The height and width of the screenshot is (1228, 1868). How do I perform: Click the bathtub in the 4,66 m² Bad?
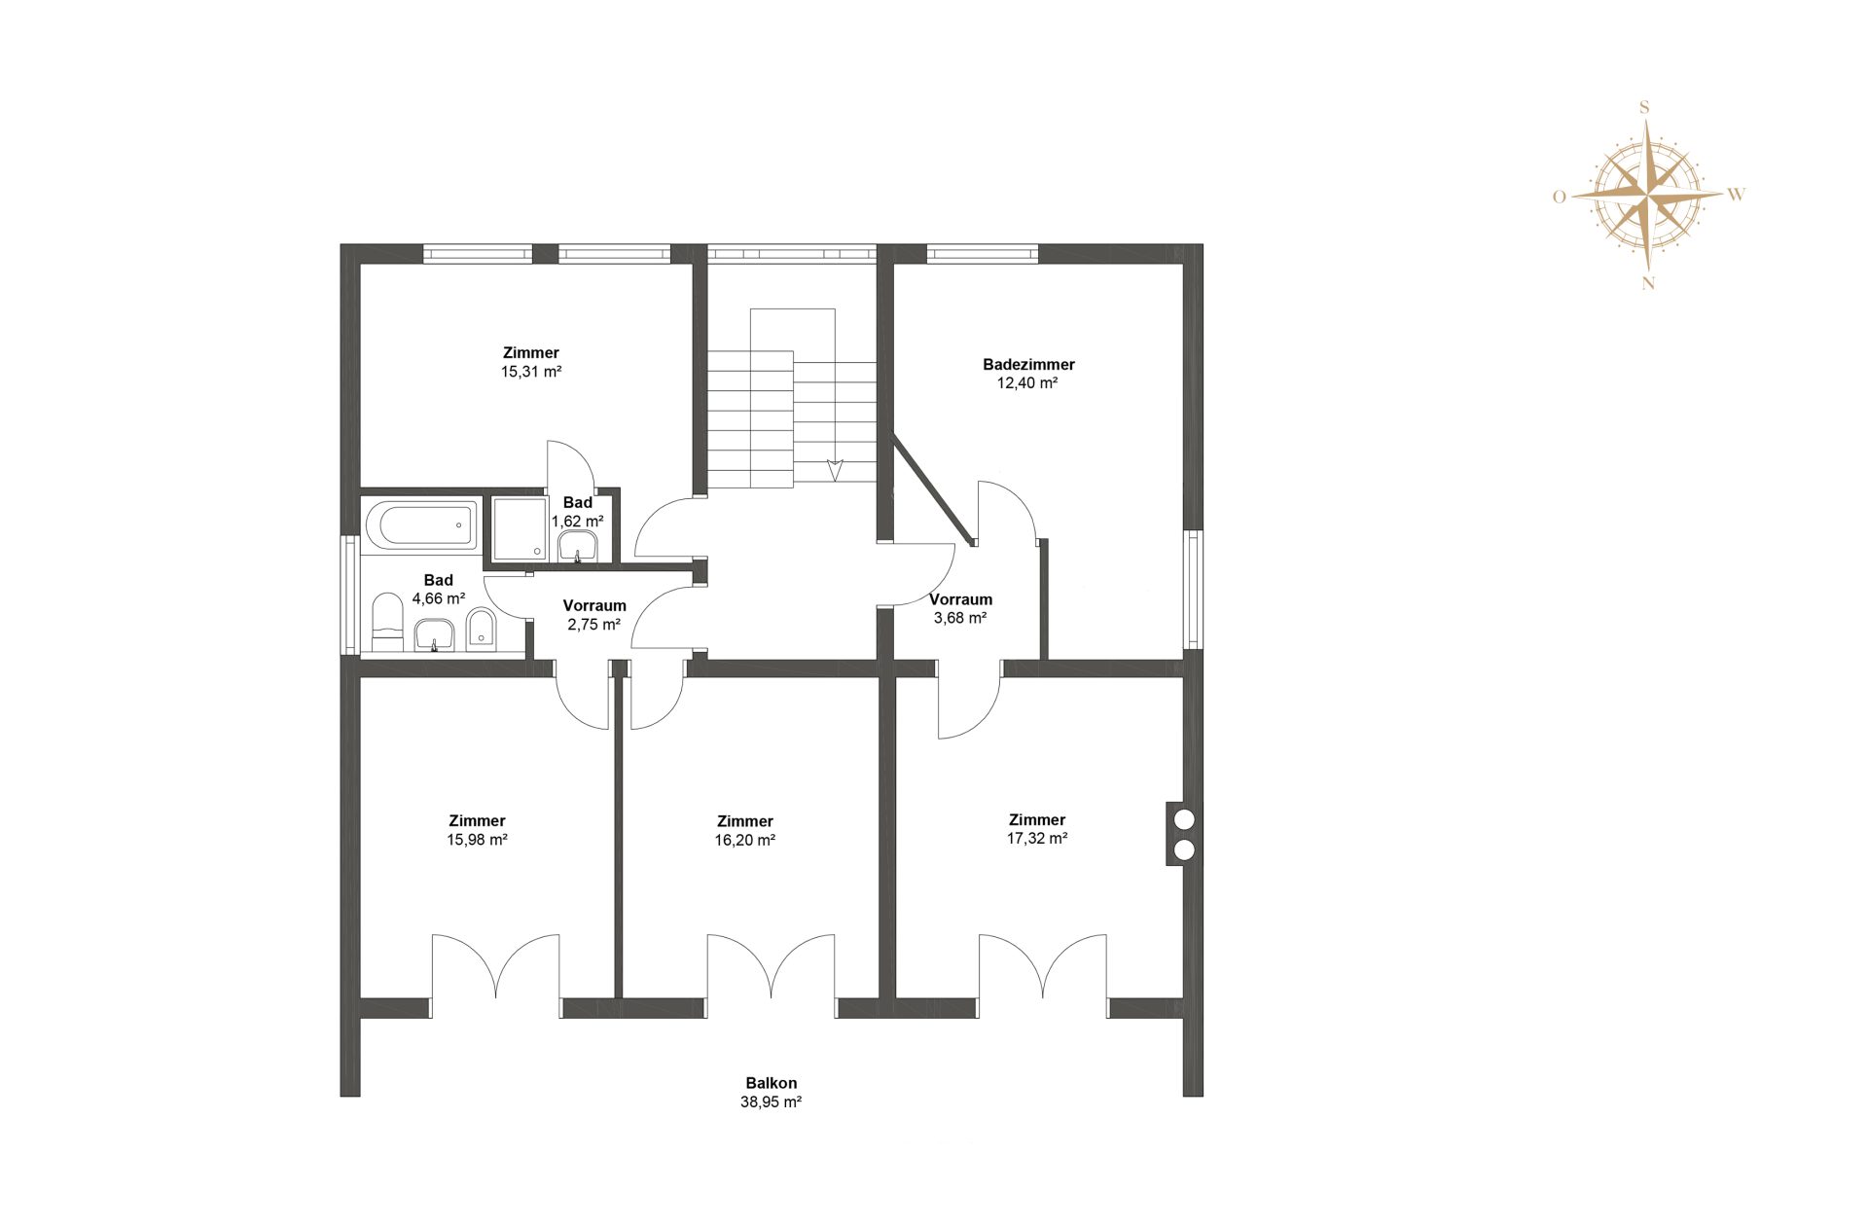point(421,525)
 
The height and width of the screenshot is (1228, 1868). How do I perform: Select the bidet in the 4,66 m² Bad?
point(481,630)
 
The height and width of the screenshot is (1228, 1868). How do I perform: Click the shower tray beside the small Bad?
point(520,529)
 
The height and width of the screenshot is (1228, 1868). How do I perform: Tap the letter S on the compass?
point(1645,108)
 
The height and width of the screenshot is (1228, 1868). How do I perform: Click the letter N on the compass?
point(1648,284)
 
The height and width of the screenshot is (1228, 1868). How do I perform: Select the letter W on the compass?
point(1737,195)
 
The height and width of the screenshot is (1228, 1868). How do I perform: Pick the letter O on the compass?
point(1560,197)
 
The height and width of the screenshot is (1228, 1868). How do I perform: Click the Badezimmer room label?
point(1028,365)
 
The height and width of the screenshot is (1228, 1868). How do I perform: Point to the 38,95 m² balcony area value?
point(771,1102)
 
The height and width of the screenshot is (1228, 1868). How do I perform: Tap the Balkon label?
point(772,1083)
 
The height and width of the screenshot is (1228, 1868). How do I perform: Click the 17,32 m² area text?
point(1037,839)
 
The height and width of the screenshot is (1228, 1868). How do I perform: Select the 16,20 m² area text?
point(745,841)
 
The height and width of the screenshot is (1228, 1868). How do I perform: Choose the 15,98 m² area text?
point(477,840)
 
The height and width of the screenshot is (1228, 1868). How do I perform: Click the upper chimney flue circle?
point(1184,819)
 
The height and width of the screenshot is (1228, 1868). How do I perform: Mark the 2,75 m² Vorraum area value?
point(594,625)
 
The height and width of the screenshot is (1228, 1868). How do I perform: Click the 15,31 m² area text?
point(531,372)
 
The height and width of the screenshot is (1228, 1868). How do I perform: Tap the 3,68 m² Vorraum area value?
point(960,618)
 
